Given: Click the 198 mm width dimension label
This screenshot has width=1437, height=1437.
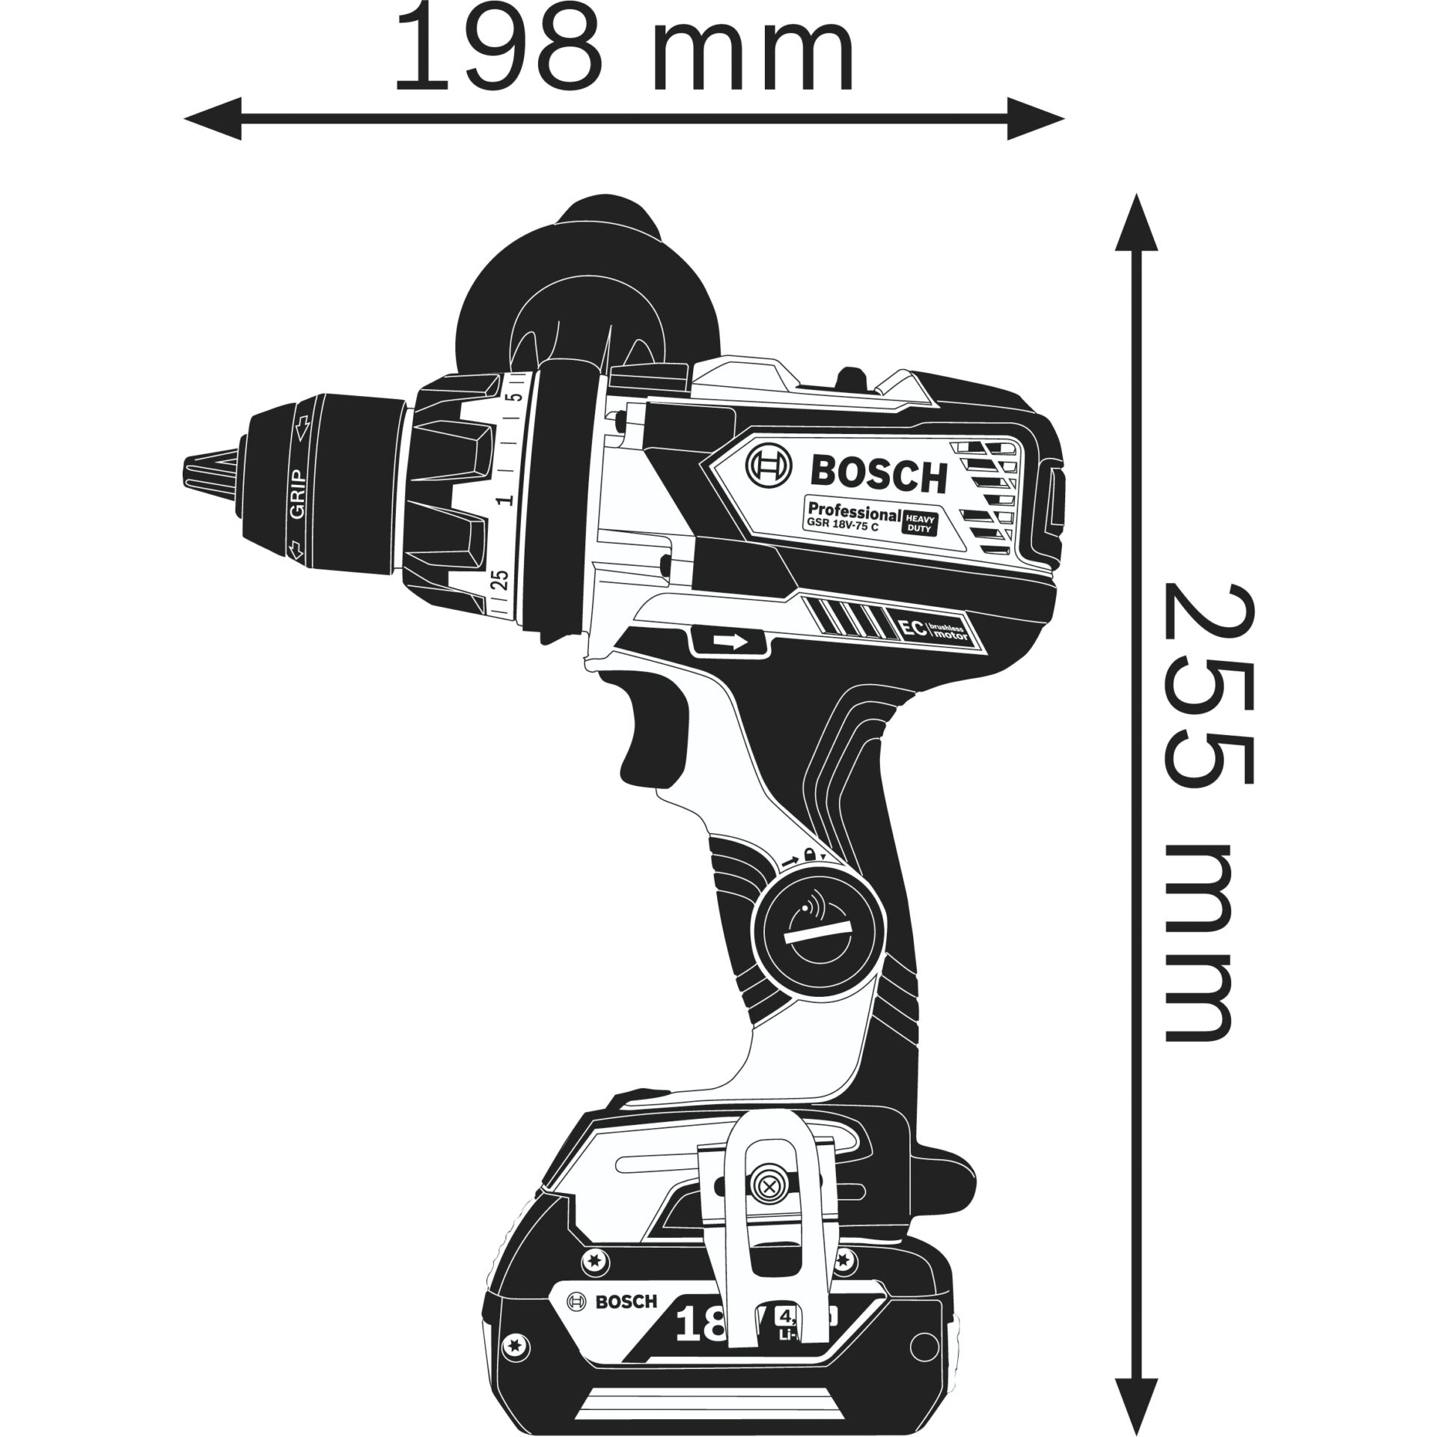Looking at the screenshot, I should [x=623, y=48].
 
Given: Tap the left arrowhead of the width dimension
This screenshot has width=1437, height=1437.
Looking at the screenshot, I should [x=213, y=118].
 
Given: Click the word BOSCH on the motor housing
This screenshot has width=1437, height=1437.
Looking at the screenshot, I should [x=879, y=477].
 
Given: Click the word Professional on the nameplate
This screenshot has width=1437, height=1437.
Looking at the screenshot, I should [x=853, y=514].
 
